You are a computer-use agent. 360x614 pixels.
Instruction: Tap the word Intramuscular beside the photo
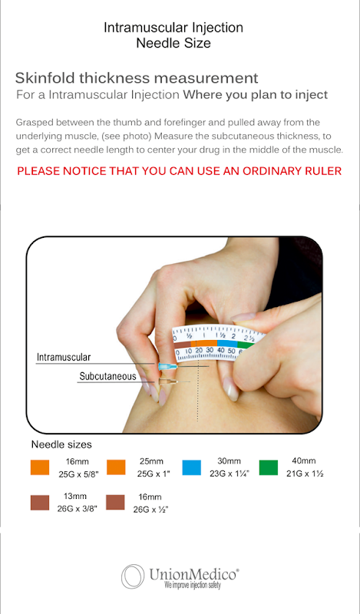[x=64, y=357]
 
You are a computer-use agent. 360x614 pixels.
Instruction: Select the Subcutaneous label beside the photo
[x=107, y=376]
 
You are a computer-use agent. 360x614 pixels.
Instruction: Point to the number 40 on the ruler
[x=221, y=350]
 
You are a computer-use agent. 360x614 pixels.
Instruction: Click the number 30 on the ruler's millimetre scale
[x=210, y=350]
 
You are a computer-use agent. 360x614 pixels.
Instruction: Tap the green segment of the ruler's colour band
[x=246, y=345]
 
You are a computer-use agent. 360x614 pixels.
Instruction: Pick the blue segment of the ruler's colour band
[x=227, y=344]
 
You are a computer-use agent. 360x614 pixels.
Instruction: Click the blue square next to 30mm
[x=192, y=467]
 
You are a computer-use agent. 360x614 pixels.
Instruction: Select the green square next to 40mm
[x=269, y=467]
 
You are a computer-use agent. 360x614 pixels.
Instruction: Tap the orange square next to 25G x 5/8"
[x=40, y=467]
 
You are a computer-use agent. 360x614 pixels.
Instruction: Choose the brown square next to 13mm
[x=40, y=503]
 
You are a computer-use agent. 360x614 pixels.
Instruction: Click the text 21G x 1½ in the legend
[x=305, y=474]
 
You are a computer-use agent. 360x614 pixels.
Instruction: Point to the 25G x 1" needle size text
[x=154, y=474]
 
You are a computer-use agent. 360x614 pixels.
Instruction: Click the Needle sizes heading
[x=61, y=444]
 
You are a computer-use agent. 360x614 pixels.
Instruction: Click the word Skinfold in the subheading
[x=45, y=78]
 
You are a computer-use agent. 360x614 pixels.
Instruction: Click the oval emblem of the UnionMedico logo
[x=133, y=576]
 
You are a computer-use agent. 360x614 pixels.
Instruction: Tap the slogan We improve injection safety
[x=193, y=586]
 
